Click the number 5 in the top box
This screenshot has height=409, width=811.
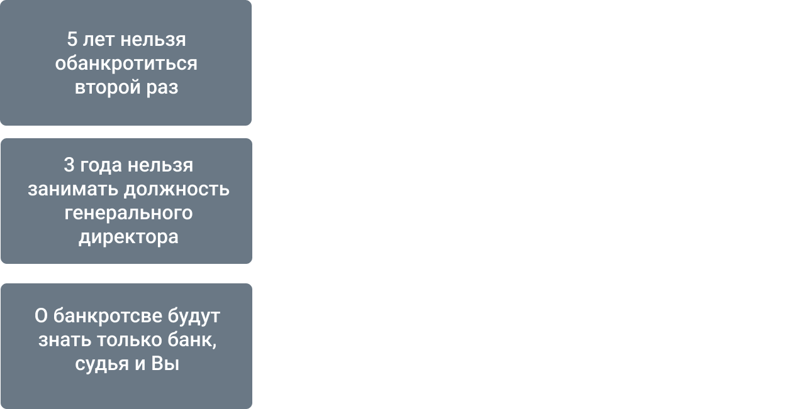72,40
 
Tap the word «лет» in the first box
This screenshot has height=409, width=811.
96,40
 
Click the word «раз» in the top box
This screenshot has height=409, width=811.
162,87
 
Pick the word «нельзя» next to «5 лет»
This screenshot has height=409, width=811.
153,40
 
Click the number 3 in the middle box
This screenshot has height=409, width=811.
69,165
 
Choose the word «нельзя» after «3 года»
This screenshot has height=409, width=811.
160,165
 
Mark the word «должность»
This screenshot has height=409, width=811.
177,189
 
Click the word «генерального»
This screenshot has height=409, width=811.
128,214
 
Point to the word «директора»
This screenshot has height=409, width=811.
128,237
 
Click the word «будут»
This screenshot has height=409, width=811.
194,315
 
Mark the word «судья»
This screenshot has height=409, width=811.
101,364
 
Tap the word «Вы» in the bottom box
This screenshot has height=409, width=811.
166,364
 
